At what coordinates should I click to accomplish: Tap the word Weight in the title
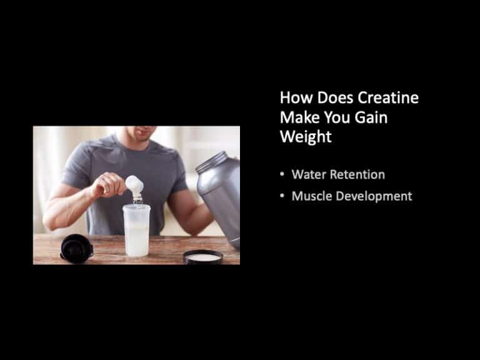306,137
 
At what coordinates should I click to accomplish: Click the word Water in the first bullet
309,174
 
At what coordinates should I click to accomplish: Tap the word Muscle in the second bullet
312,196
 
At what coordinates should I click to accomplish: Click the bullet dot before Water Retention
282,175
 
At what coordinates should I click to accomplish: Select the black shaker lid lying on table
77,247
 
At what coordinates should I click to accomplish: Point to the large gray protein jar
220,200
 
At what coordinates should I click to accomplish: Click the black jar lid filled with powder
203,256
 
